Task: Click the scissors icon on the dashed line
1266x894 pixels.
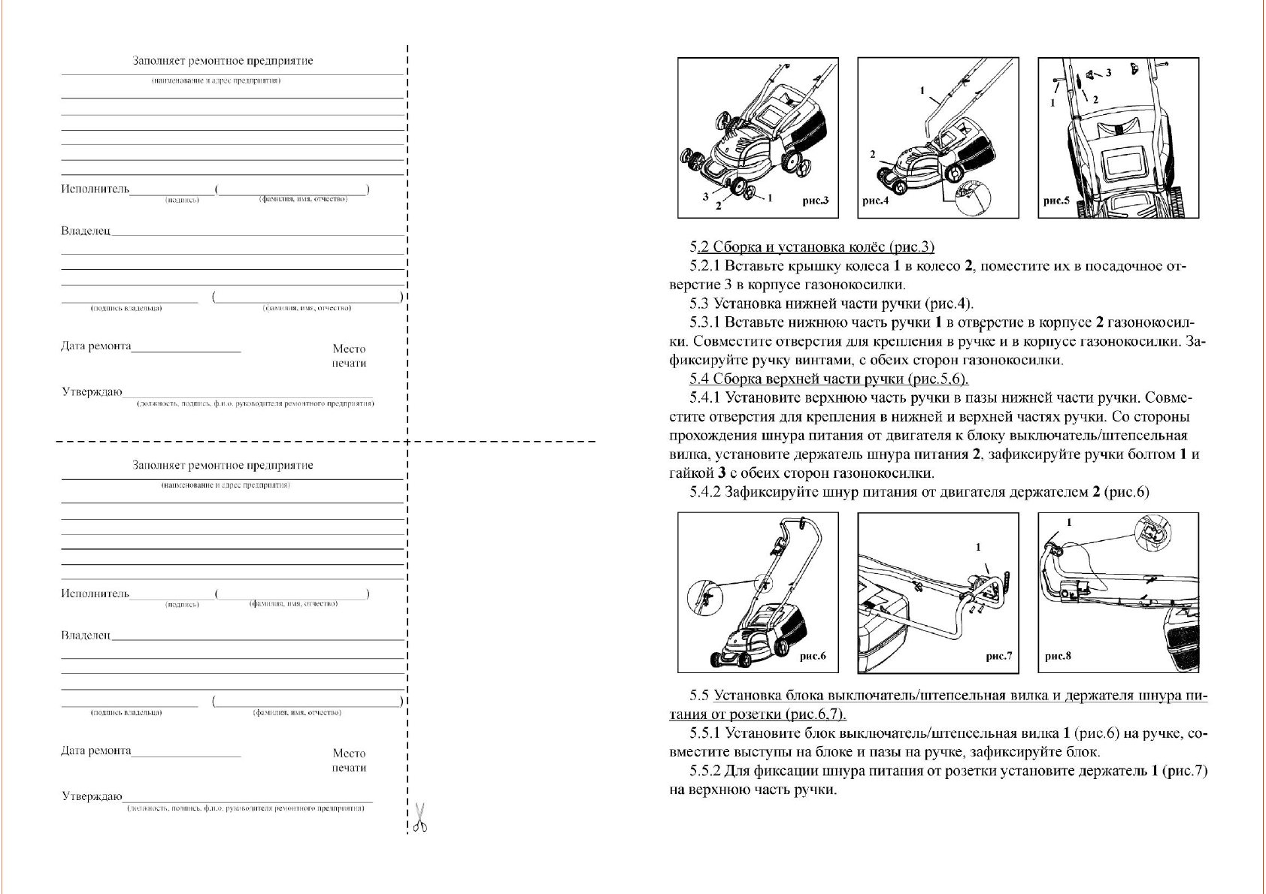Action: click(420, 817)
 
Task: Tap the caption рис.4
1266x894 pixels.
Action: click(875, 201)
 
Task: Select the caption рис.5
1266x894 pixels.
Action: click(1056, 201)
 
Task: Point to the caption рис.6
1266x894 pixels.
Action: click(812, 656)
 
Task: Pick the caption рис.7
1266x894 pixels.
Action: click(998, 656)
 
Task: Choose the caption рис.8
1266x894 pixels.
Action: click(1058, 656)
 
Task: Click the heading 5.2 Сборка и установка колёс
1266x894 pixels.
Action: click(812, 247)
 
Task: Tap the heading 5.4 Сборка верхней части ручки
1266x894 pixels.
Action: click(829, 379)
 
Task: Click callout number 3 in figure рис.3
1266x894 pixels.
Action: click(705, 197)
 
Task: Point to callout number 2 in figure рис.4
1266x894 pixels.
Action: click(873, 154)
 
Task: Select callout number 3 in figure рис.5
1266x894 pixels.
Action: click(1108, 73)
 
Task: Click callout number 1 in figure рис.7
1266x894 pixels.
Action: click(978, 547)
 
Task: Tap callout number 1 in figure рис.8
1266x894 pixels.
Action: click(1069, 522)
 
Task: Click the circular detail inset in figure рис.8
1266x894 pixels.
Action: click(1152, 533)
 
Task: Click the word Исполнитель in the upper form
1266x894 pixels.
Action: click(95, 189)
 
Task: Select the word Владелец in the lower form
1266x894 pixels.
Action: click(86, 636)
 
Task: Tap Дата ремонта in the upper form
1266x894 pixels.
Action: click(96, 346)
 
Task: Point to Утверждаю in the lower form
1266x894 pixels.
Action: click(92, 796)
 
